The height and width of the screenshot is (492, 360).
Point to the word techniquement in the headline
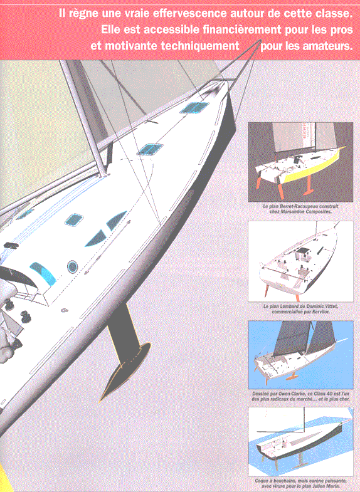click(200, 46)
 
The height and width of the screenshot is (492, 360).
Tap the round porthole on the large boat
click(73, 266)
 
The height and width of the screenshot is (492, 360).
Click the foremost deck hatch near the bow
click(194, 107)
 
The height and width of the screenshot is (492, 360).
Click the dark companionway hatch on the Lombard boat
click(302, 252)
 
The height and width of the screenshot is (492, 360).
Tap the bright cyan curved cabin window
click(43, 273)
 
